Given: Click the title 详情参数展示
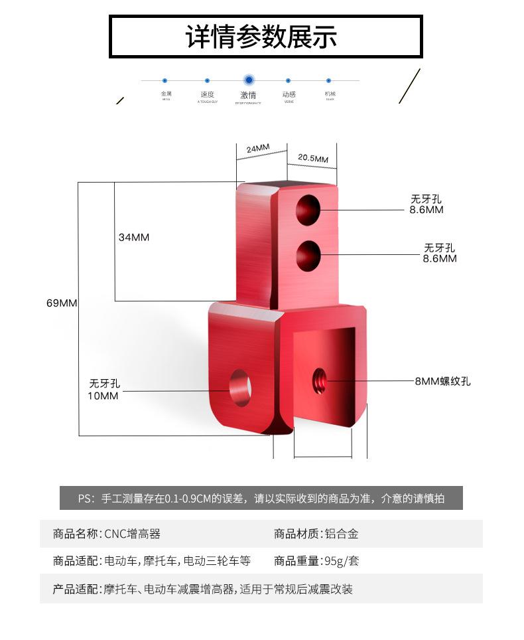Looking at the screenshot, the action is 261,37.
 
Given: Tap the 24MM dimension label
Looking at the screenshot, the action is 258,148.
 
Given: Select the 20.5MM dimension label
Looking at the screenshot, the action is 312,159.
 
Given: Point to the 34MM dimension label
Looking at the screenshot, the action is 134,237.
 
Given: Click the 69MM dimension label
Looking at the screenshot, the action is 62,303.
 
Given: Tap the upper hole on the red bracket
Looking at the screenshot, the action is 308,209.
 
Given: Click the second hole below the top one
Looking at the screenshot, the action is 308,256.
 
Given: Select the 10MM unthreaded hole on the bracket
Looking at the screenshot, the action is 240,386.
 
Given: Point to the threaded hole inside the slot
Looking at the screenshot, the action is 319,380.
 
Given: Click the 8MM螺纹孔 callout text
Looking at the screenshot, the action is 442,382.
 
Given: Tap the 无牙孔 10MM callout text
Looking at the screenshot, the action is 105,390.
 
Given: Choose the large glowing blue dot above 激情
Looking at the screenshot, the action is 249,80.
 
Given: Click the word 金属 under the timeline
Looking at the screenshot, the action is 166,94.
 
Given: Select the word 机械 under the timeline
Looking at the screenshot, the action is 330,94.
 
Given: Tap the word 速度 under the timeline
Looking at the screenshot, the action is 207,94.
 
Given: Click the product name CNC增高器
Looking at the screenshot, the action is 133,534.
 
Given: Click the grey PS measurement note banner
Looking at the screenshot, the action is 261,499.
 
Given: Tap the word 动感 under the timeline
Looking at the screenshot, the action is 289,94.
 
